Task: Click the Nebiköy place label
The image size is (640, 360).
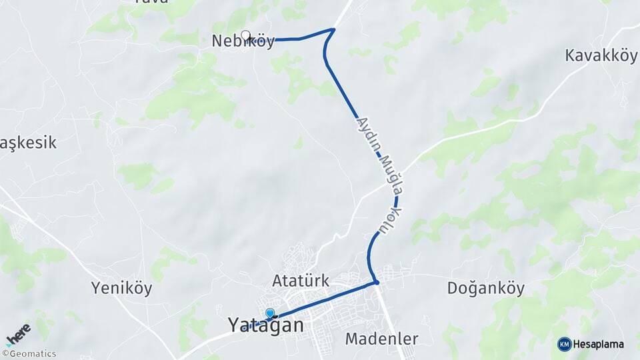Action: tap(243, 41)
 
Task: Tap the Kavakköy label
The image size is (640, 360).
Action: tap(601, 55)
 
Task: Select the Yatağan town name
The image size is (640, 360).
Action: tap(265, 325)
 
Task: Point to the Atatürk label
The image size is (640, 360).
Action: tap(301, 281)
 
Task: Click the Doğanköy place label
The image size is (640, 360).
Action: tap(485, 289)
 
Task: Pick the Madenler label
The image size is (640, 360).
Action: tap(381, 339)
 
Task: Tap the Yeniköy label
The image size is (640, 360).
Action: tap(121, 289)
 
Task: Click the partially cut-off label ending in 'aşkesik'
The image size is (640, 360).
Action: tap(28, 143)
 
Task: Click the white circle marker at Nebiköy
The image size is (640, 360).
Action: tap(245, 35)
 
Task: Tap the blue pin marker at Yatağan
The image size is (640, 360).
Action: tap(270, 313)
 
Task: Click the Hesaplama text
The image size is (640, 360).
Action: tap(598, 344)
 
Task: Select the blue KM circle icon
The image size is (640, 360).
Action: tap(565, 344)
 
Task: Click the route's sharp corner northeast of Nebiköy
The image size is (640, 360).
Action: tap(333, 29)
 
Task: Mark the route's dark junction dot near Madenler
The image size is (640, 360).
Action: tap(377, 283)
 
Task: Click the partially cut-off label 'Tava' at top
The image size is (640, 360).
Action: tap(151, 2)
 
